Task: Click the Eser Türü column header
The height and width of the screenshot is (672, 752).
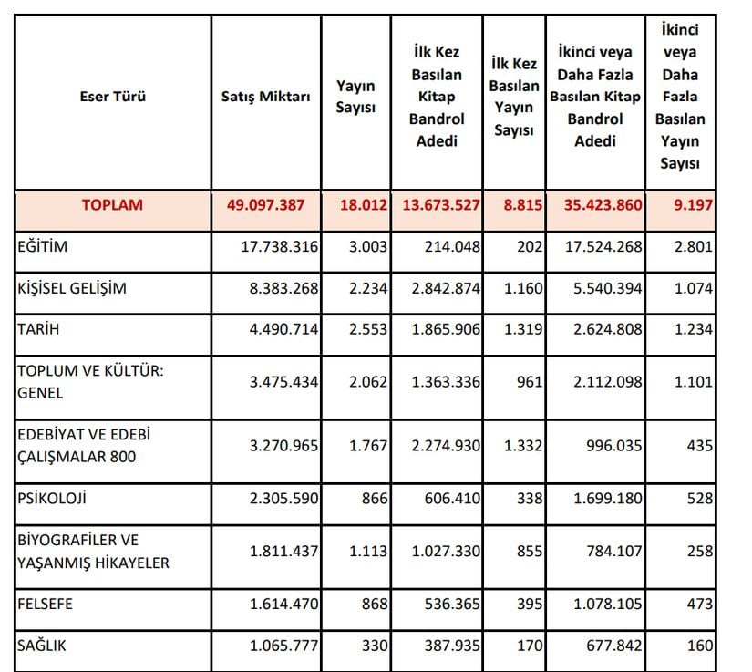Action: (x=113, y=97)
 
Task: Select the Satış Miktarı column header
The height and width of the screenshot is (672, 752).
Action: (x=266, y=97)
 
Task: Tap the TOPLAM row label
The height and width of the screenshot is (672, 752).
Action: (x=113, y=205)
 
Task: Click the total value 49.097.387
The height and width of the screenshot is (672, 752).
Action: (x=271, y=205)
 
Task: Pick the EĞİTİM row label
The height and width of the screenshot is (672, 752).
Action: (x=43, y=246)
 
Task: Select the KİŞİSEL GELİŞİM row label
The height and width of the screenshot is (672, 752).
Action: (x=72, y=289)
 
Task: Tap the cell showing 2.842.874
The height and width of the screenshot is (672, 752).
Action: (x=441, y=289)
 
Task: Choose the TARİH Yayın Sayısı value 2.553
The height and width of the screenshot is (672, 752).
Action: (x=368, y=330)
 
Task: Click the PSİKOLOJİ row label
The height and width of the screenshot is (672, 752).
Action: (x=53, y=499)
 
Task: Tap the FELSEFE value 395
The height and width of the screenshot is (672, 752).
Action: (x=529, y=603)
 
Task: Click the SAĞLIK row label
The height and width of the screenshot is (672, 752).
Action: (x=42, y=646)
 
